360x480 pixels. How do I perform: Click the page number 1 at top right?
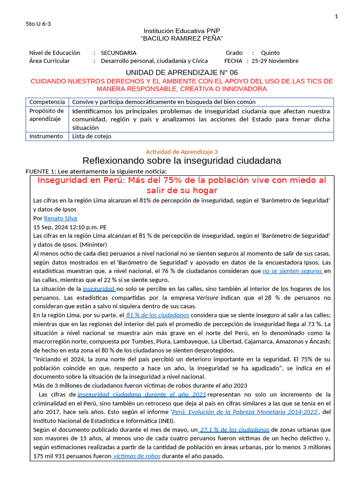[x=336, y=17]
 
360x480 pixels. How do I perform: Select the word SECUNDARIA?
[x=119, y=53]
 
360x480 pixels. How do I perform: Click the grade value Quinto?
[x=270, y=53]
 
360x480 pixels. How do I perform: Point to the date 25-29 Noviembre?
[x=275, y=61]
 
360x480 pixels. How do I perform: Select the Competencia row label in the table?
[x=47, y=102]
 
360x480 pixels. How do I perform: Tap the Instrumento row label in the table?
[x=46, y=136]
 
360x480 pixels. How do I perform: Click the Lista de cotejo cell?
[x=91, y=136]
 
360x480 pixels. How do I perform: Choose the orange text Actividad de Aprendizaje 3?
[x=182, y=151]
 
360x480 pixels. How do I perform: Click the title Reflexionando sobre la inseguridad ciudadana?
[x=182, y=161]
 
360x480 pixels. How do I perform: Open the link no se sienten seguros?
[x=292, y=271]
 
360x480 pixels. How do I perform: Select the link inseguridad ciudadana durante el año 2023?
[x=142, y=395]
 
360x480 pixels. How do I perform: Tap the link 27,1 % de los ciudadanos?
[x=234, y=429]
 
